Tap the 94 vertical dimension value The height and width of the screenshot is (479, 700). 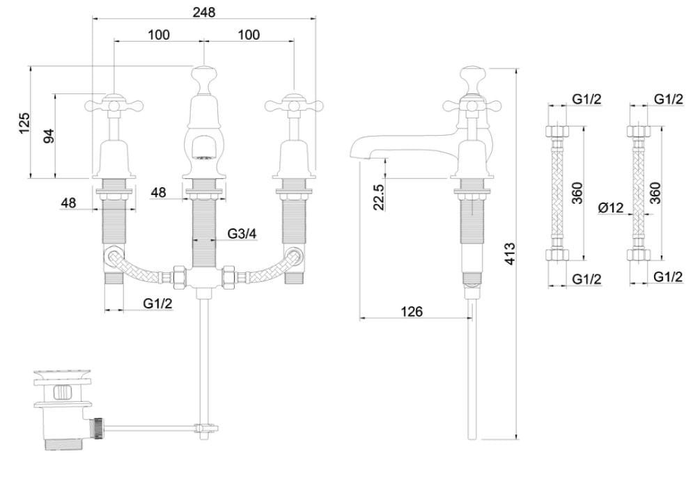[49, 136]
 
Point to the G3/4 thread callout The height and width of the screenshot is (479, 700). [242, 234]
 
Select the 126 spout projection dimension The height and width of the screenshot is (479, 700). [412, 311]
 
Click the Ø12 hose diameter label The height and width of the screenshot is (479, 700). [609, 207]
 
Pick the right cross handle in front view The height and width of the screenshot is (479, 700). [292, 106]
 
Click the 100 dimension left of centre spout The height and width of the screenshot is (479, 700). [159, 34]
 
